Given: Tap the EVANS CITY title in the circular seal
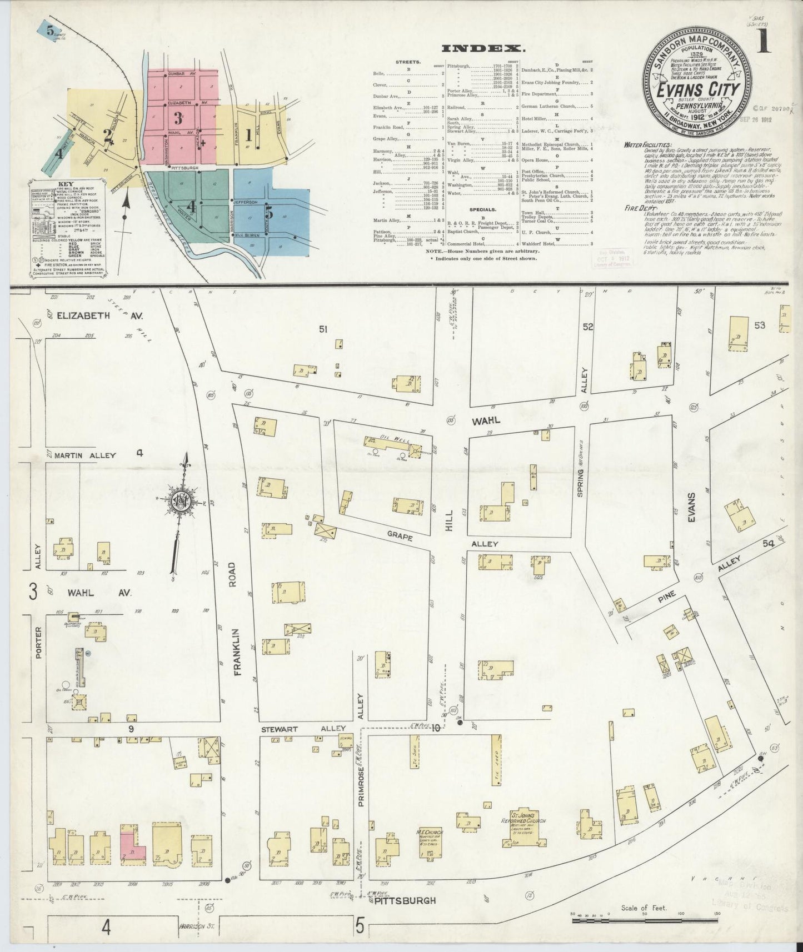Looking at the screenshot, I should [698, 90].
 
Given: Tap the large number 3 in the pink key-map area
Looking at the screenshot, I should [178, 117].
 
